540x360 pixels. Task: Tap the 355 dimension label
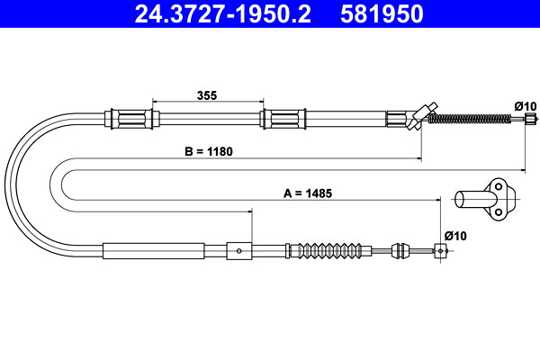(x=207, y=94)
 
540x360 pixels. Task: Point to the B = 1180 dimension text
(x=209, y=152)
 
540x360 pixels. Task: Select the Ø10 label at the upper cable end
(x=525, y=106)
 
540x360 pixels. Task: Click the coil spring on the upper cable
(x=476, y=118)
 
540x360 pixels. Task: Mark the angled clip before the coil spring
(x=418, y=117)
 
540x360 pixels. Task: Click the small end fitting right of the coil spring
(x=532, y=118)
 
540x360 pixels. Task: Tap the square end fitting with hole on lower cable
(x=441, y=250)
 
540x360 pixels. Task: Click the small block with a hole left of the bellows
(x=238, y=250)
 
